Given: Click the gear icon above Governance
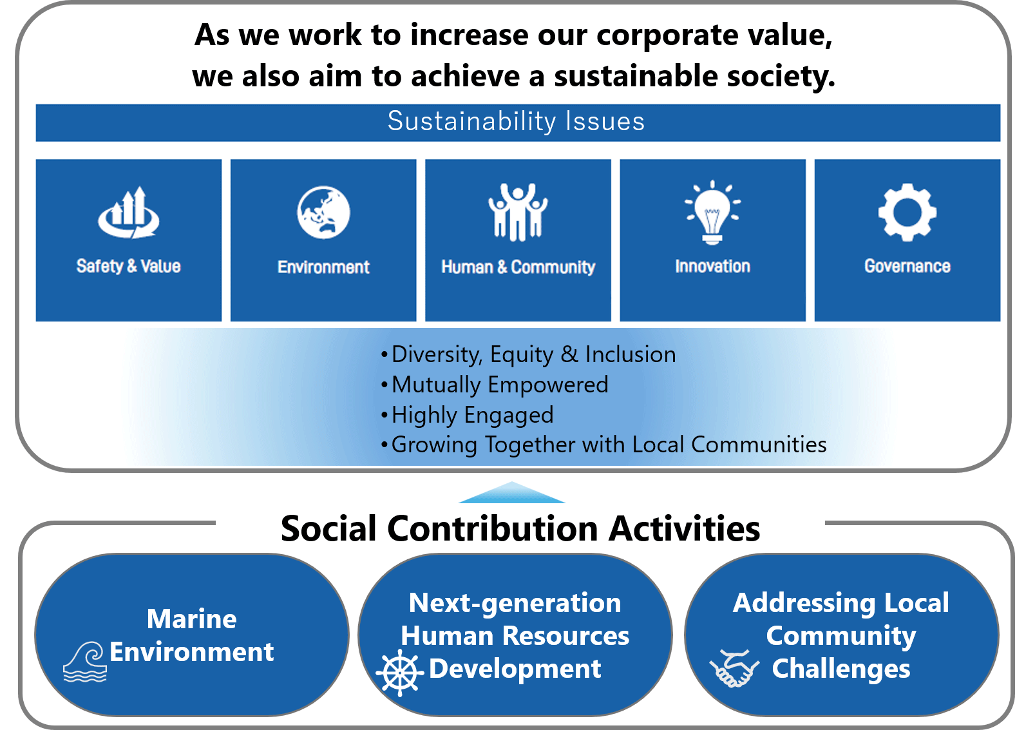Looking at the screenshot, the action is (907, 212).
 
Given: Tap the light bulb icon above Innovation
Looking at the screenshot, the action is (713, 212).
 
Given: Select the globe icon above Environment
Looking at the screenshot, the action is (323, 212).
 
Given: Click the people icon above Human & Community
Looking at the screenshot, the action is (518, 212).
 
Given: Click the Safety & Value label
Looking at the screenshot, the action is (129, 266).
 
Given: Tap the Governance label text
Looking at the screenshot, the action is (907, 266).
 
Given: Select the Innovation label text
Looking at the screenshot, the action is (713, 266).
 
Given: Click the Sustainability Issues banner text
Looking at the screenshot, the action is (516, 121).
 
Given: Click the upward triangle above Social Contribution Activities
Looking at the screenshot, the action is (512, 494).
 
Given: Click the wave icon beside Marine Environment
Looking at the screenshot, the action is (85, 662).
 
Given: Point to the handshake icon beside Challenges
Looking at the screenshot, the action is (734, 669).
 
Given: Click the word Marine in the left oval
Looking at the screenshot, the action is (192, 619).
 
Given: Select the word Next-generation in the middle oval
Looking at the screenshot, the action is (515, 603).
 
